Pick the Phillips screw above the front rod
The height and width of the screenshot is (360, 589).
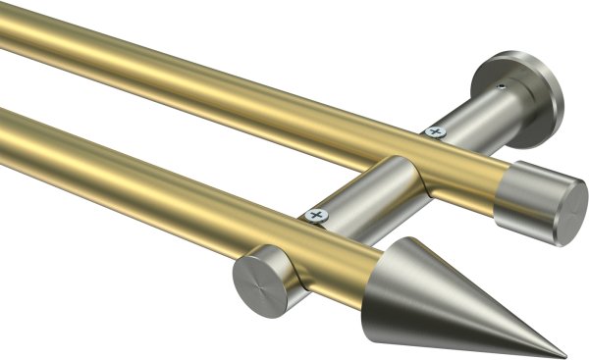[x=316, y=214]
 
